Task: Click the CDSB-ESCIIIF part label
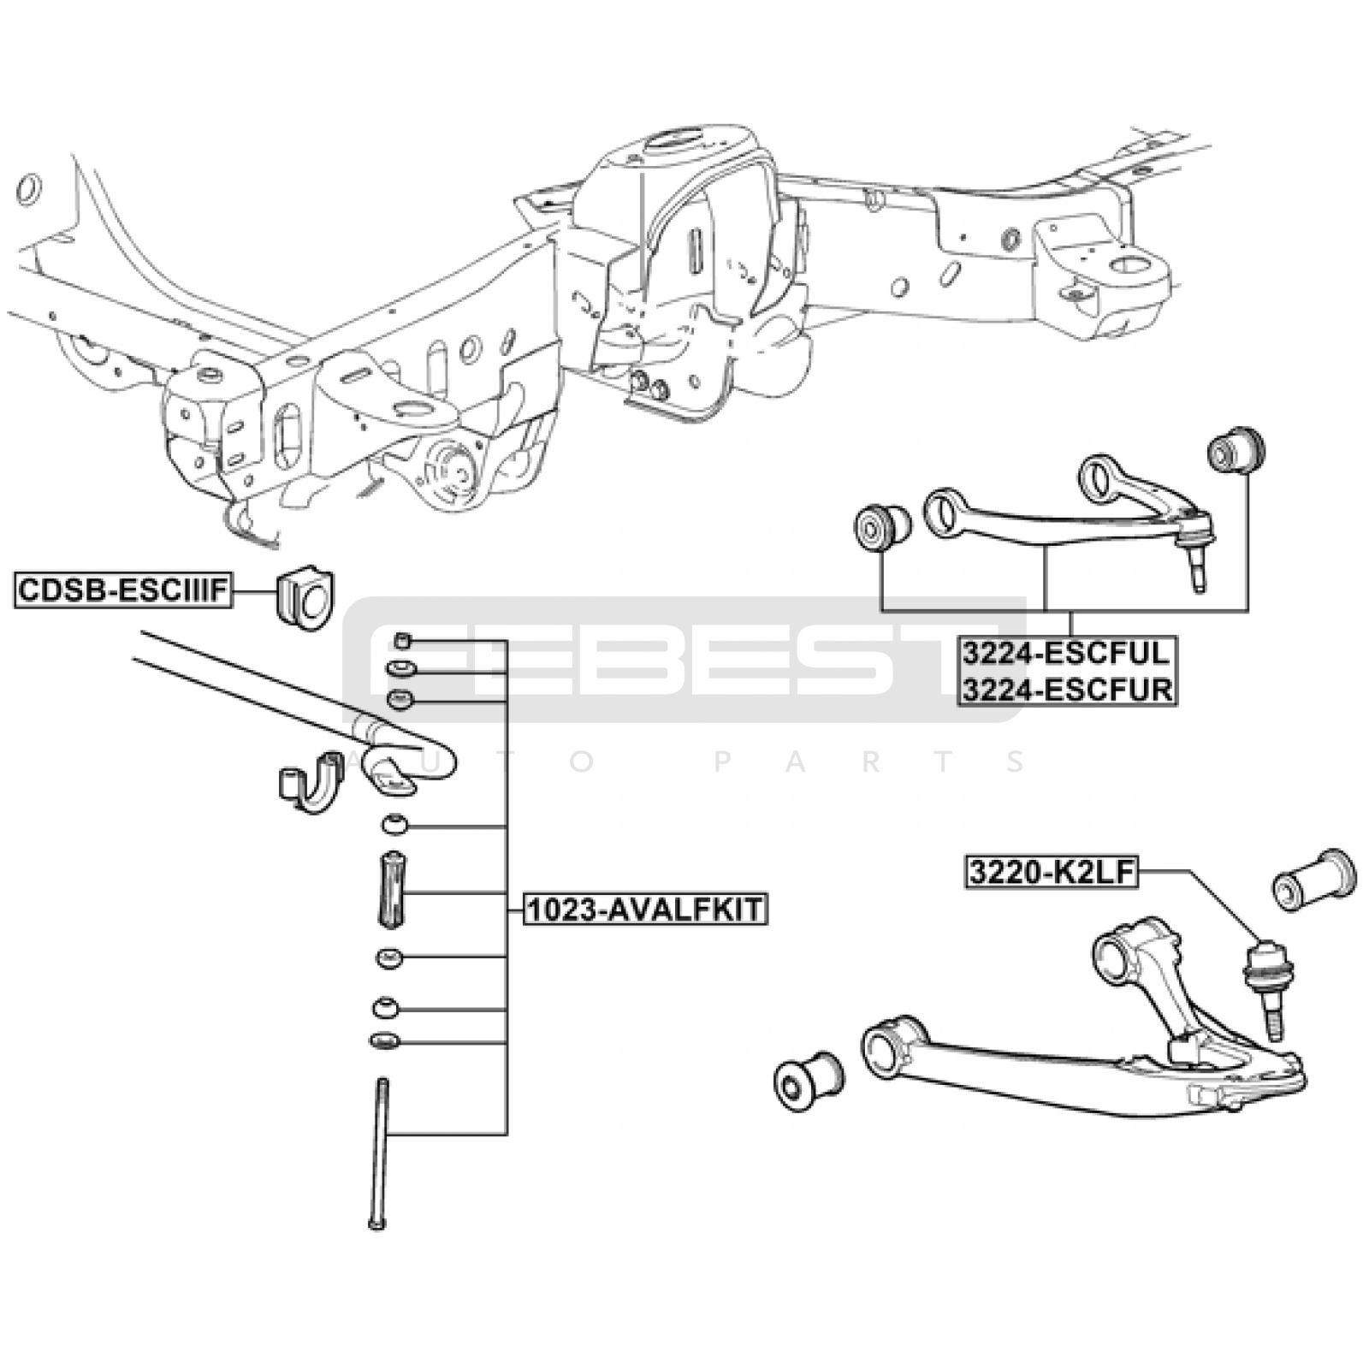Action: click(123, 590)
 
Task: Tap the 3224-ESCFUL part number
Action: click(1065, 653)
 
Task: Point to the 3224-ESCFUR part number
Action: click(1066, 689)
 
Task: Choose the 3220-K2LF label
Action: click(1052, 872)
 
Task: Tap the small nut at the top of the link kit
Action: click(403, 640)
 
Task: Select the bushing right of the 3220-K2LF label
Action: click(1313, 881)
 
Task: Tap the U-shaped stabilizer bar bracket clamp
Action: click(311, 780)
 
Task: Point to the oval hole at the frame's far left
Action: click(27, 189)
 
